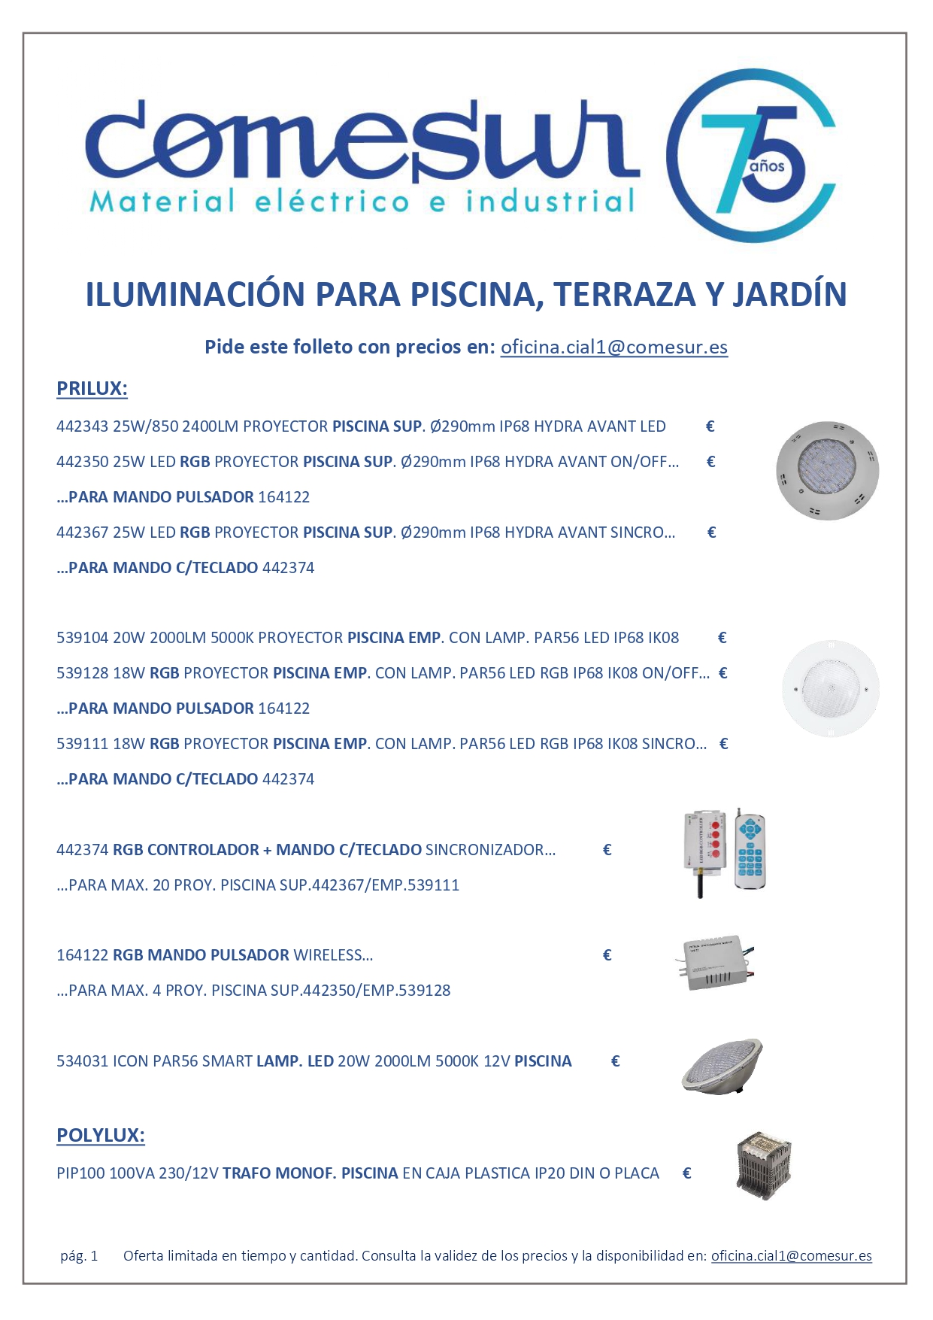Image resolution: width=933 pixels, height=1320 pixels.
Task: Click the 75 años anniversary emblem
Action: [751, 156]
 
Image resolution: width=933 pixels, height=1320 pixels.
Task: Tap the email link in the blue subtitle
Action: [613, 347]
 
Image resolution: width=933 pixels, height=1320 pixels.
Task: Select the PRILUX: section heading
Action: [92, 389]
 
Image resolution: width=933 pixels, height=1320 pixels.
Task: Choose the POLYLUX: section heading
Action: [101, 1135]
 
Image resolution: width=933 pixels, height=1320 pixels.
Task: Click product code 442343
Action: [82, 426]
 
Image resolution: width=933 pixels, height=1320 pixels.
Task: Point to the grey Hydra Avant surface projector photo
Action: [827, 471]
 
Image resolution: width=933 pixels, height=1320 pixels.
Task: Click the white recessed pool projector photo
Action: [830, 688]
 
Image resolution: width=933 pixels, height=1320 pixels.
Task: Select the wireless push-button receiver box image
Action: [715, 964]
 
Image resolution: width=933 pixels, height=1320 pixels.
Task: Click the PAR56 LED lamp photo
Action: [722, 1066]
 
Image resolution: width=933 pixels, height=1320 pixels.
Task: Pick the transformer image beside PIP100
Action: [764, 1165]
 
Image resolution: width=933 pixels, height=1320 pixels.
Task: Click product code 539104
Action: [82, 638]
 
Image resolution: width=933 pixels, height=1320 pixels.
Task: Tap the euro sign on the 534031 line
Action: [615, 1061]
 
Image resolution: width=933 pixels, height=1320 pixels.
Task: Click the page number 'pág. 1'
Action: [79, 1255]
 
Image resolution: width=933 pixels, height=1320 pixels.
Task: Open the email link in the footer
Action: [791, 1255]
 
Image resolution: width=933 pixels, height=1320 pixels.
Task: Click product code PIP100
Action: [80, 1173]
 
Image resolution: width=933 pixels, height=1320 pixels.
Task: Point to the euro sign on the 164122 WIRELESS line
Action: [607, 955]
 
